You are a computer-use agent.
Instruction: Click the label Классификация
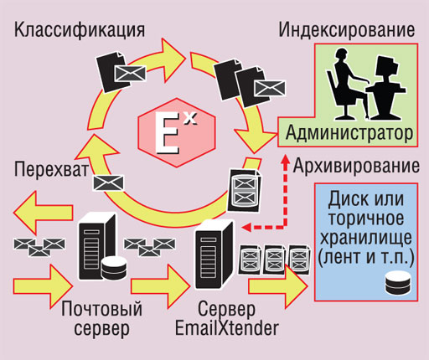coord(80,30)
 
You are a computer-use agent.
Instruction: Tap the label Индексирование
coord(347,30)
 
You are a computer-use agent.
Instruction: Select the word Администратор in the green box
coord(349,133)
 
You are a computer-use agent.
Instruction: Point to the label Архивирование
coord(356,167)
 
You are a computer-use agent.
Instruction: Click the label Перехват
coord(51,169)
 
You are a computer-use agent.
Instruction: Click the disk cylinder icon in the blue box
coord(398,283)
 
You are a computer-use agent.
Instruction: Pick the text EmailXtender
coord(227,328)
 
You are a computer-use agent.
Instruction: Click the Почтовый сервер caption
coord(101,319)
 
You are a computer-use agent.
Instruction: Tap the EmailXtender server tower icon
coord(214,254)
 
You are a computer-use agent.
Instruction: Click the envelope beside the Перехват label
coord(108,183)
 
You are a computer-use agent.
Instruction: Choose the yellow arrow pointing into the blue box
coord(278,286)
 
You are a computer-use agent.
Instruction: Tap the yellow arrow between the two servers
coord(161,286)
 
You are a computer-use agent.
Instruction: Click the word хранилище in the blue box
coord(366,238)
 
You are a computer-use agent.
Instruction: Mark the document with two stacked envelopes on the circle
coord(244,191)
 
